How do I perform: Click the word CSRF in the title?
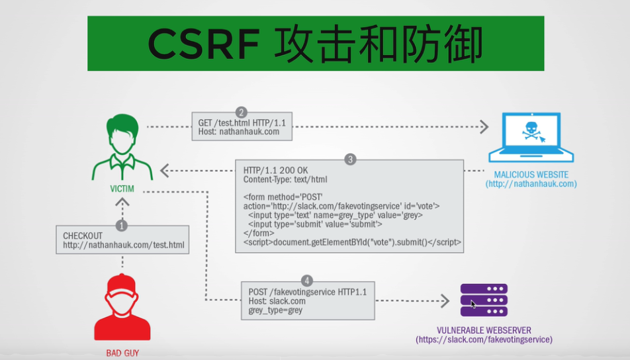coord(203,43)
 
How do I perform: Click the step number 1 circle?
coord(122,226)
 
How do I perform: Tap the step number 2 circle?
coord(242,112)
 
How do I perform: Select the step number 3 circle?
coord(351,159)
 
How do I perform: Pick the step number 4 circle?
coord(306,281)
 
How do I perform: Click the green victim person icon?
coord(122,147)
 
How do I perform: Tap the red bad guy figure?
coord(122,307)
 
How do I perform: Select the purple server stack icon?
coord(484,300)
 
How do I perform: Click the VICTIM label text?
coord(122,189)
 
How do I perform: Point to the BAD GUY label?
coord(122,353)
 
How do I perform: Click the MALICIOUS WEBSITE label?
coord(531,175)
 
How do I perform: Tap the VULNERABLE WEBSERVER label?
coord(484,330)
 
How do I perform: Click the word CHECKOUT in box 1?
coord(83,236)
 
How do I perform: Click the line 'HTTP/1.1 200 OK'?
coord(274,170)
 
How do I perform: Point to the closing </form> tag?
coord(256,233)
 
